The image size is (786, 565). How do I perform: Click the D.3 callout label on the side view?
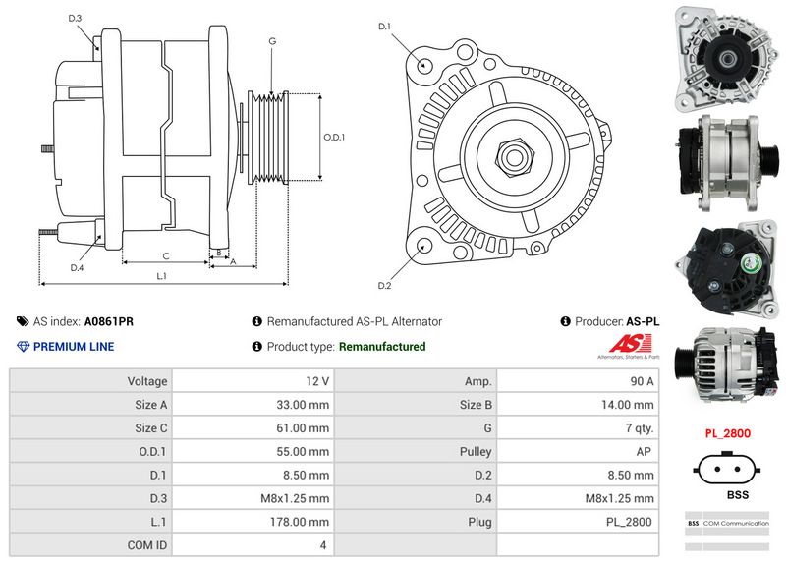pyautogui.click(x=76, y=18)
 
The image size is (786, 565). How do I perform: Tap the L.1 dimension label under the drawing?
pyautogui.click(x=162, y=276)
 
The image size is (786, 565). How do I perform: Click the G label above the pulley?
pyautogui.click(x=271, y=41)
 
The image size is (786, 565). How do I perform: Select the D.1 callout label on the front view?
pyautogui.click(x=385, y=26)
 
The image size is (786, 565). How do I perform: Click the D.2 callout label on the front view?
pyautogui.click(x=385, y=286)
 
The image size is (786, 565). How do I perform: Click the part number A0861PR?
pyautogui.click(x=108, y=321)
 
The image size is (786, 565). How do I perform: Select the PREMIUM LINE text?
pyautogui.click(x=74, y=347)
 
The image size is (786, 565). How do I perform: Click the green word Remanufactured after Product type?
pyautogui.click(x=381, y=347)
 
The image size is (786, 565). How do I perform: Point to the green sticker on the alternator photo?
pyautogui.click(x=750, y=263)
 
